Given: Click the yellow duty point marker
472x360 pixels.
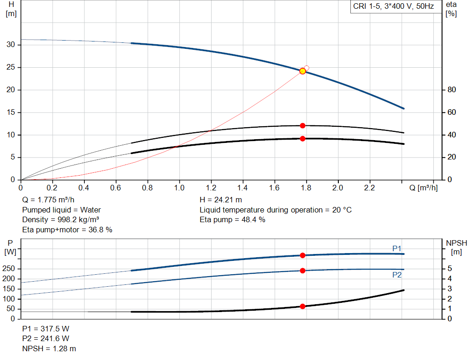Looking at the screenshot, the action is tap(302, 71).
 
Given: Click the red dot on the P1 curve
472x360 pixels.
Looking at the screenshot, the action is tap(302, 255).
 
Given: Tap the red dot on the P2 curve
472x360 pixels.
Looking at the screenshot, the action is tap(302, 271).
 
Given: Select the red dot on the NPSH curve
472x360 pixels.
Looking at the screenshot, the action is tap(302, 307).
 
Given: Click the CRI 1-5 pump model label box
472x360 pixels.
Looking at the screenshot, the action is tap(394, 6).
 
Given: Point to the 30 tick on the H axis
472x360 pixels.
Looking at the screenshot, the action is tap(11, 45).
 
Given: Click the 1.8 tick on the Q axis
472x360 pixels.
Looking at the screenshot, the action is tap(306, 188).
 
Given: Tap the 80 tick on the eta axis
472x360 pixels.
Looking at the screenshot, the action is tap(452, 90).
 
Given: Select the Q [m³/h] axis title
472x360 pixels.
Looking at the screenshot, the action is tap(423, 188).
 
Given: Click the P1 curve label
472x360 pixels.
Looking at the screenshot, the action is tap(397, 248).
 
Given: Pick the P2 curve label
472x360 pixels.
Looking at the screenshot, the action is tap(397, 275).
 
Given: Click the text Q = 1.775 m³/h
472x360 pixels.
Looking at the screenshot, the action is tap(48, 200).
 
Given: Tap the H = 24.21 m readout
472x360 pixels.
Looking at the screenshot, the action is tap(221, 200).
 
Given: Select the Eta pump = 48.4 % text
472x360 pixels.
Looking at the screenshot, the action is tap(232, 220).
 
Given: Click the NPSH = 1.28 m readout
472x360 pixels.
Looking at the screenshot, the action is tap(49, 348).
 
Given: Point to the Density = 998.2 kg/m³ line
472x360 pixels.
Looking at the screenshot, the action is tap(60, 220).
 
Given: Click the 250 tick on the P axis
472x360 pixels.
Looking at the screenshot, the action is tap(8, 268).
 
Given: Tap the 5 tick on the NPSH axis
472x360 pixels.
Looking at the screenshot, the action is tap(450, 268).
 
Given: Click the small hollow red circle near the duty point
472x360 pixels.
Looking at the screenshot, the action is tap(307, 68).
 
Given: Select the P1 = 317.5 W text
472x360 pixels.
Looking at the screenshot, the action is tap(46, 329).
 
